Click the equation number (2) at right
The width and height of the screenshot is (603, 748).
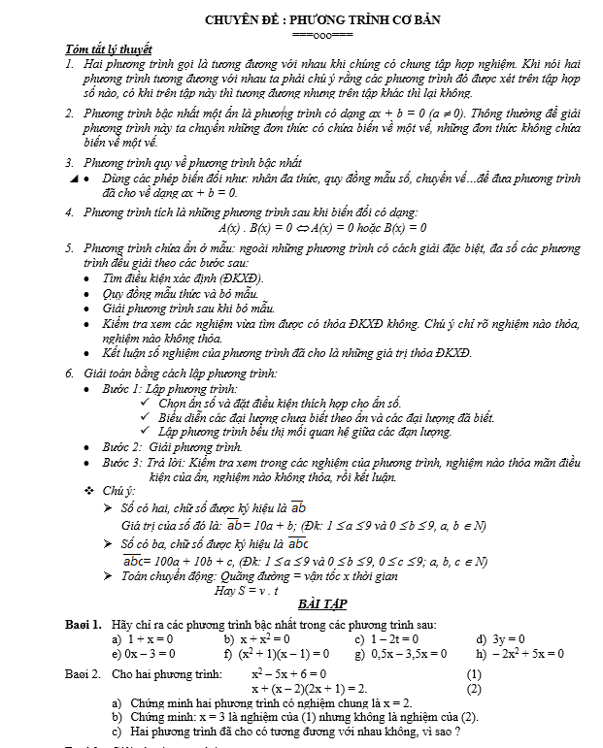coord(474,689)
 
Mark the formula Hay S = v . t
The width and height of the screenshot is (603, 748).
coord(247,590)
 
